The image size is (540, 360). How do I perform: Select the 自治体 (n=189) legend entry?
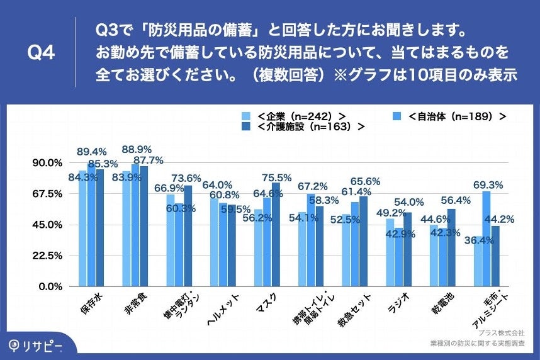point(450,116)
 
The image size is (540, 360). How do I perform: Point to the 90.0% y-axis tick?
point(47,162)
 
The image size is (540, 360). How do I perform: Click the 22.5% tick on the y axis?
point(47,256)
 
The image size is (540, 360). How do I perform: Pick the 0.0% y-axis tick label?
point(50,286)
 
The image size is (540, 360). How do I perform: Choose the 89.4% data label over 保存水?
point(92,152)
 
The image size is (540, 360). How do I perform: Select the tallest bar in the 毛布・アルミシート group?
point(486,239)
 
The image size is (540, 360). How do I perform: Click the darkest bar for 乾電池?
point(451,248)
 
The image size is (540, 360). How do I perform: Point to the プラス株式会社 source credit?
point(501,332)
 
